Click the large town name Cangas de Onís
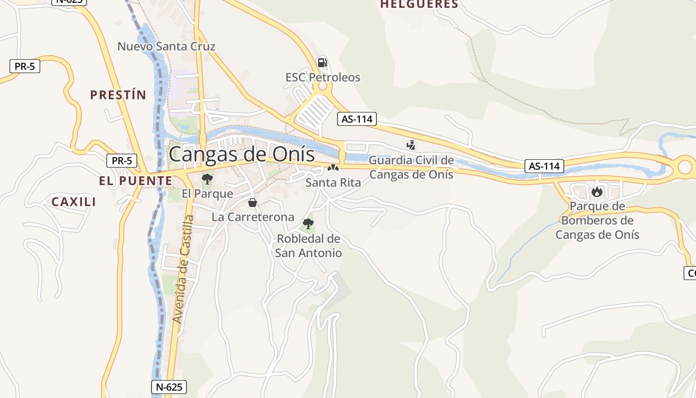point(242,154)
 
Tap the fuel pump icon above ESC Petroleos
point(322,63)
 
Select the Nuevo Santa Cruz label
point(166,47)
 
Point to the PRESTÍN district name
point(118,95)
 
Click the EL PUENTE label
point(135,181)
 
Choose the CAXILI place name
point(74,201)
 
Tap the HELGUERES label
point(419,4)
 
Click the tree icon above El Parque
point(207,179)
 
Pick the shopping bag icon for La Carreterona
point(253,202)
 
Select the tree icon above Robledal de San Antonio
point(308,224)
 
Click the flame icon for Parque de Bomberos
point(597,192)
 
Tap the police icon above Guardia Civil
point(411,145)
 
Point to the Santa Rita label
point(333,183)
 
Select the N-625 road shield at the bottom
point(169,387)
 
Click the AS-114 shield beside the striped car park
point(356,119)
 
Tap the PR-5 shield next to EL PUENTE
point(122,161)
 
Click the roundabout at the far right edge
point(686,166)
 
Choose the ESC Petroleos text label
point(323,78)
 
